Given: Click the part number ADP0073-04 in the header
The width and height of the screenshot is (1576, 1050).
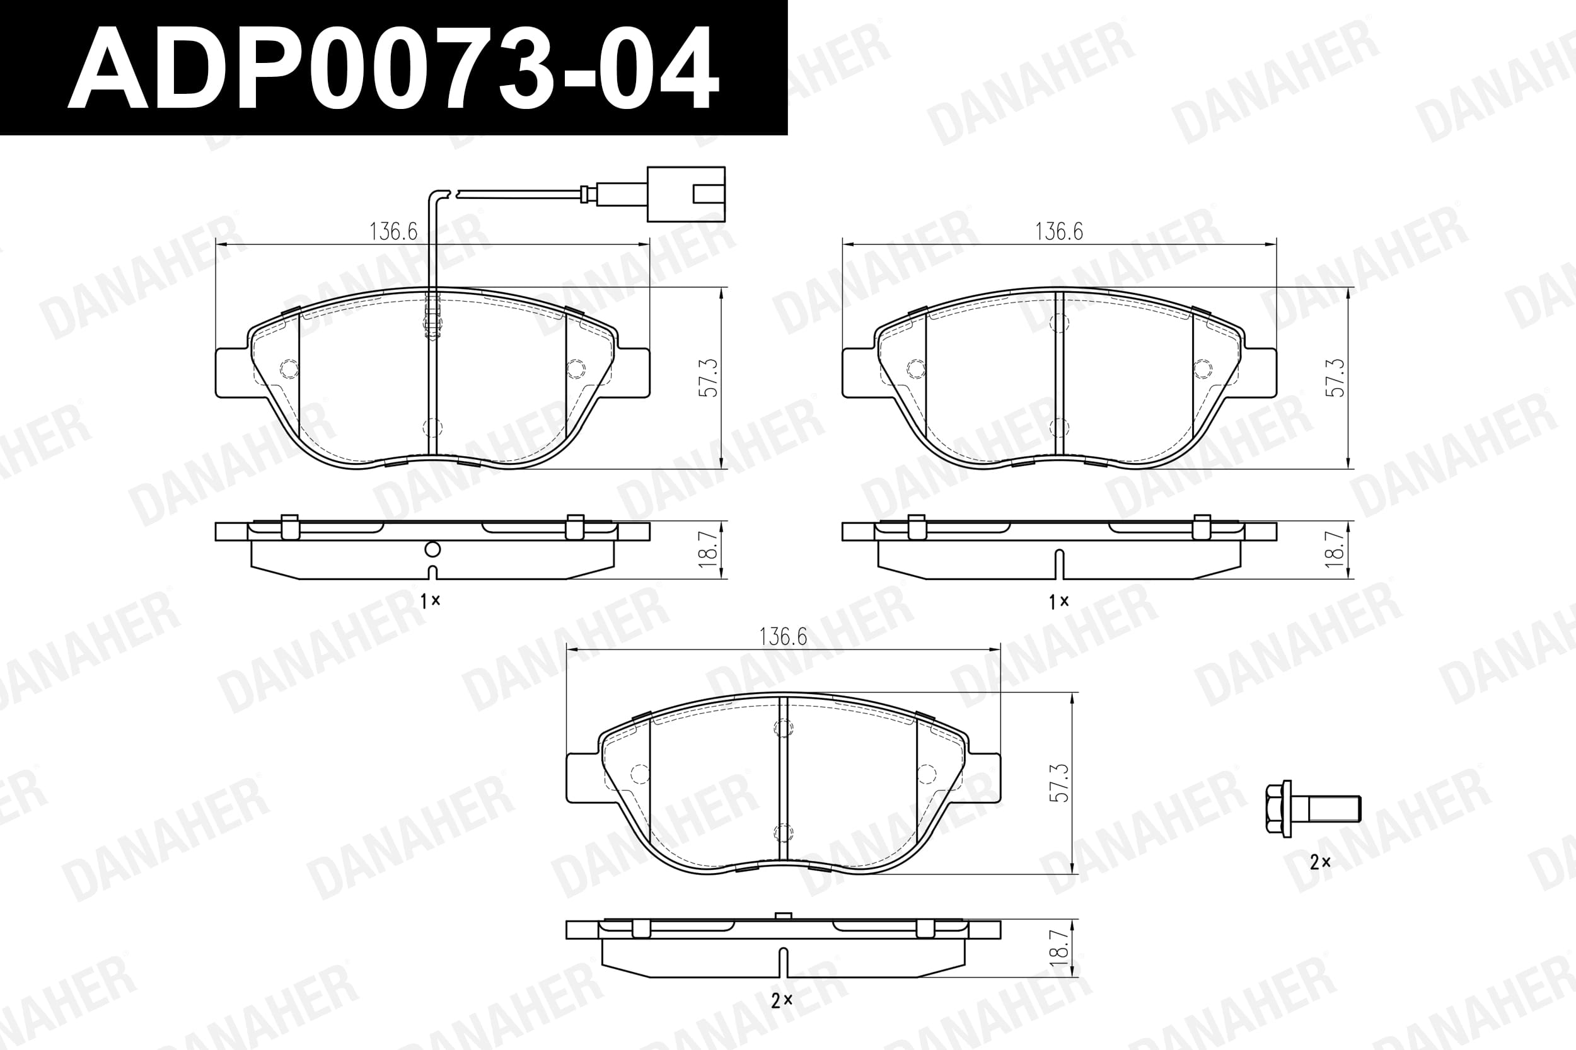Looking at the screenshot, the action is [393, 67].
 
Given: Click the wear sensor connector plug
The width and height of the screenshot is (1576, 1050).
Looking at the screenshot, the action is [685, 194].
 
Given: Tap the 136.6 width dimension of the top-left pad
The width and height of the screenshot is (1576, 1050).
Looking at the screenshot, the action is [393, 231].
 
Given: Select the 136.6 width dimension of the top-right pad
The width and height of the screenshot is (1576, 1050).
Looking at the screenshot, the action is [1058, 231].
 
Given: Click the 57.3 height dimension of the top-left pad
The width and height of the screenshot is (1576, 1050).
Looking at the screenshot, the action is [709, 378].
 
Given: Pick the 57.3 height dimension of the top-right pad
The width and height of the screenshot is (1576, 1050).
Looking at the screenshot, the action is [1335, 378].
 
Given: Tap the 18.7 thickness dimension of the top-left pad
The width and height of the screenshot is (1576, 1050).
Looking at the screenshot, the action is [709, 549].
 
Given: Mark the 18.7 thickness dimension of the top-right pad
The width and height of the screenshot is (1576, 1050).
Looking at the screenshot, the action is [1335, 549].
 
